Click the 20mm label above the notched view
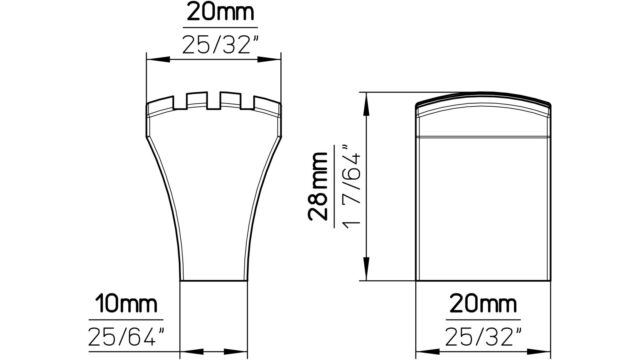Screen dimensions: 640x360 tap(220, 13)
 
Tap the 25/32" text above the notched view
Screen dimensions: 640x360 tap(221, 44)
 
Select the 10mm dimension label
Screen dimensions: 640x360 tap(126, 304)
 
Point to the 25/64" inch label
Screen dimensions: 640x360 tap(126, 337)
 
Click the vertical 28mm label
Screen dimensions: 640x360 tap(318, 186)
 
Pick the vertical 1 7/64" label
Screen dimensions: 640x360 tap(351, 186)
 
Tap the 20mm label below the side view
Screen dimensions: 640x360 tap(483, 304)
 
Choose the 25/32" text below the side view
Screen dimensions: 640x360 tap(483, 337)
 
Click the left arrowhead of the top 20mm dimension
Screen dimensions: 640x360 tap(158, 60)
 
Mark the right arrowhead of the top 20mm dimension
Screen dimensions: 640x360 tap(269, 60)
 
